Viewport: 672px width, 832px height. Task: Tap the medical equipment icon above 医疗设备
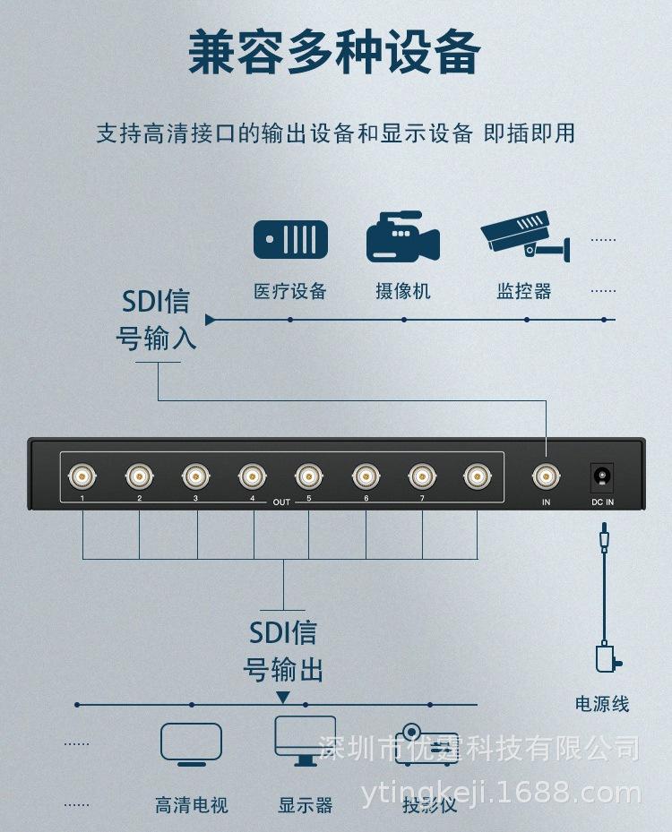coord(290,239)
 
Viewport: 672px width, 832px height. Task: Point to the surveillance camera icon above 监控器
coord(524,235)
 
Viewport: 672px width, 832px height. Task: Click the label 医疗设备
coord(290,291)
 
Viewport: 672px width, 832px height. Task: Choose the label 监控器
coord(524,291)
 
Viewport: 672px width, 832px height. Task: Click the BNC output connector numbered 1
coord(82,474)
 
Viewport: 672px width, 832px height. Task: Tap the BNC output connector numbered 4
coord(252,474)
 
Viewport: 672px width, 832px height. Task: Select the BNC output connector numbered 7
coord(421,474)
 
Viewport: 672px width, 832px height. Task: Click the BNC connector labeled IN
coord(546,475)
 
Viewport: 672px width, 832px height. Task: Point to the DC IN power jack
coord(602,475)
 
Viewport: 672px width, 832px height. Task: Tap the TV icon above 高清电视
coord(191,743)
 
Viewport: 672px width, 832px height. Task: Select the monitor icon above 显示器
coord(305,740)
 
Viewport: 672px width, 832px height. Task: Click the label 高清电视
coord(191,805)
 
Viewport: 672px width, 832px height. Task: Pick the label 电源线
coord(602,704)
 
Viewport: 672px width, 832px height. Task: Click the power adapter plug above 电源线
coord(607,658)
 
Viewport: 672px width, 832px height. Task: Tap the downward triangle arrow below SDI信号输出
coord(283,697)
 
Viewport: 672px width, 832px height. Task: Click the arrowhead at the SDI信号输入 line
coord(211,319)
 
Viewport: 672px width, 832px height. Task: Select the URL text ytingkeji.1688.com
coord(501,793)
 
